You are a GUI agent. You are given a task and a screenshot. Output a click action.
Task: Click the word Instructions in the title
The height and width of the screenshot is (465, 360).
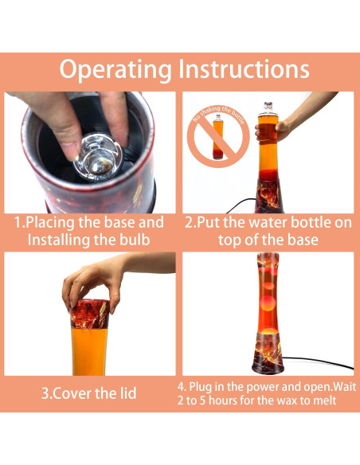tap(245, 69)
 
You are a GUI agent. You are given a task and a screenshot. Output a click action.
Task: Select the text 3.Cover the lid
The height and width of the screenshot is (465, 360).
tap(88, 393)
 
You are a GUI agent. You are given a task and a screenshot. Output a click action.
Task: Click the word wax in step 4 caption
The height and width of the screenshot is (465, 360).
tap(291, 400)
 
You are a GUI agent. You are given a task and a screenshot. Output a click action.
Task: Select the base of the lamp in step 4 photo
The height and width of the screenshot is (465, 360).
tap(268, 358)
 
